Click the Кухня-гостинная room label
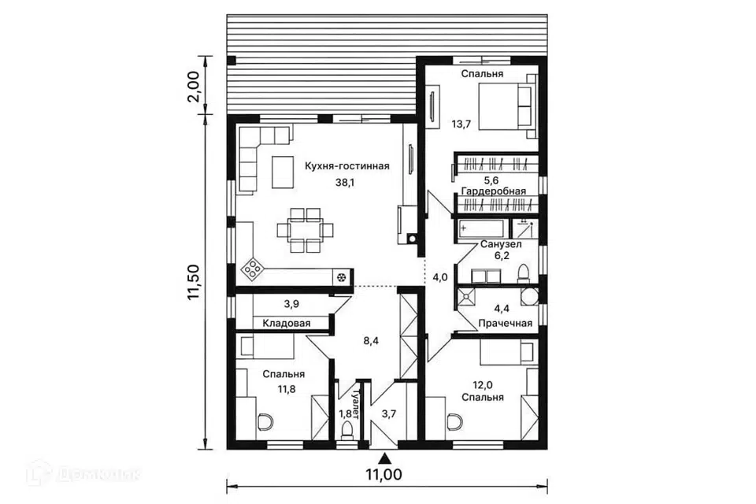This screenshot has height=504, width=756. click(x=346, y=166)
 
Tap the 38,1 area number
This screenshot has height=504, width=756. click(x=345, y=183)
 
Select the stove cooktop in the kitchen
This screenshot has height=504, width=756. click(x=252, y=269)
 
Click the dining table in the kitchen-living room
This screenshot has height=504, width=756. click(x=305, y=230)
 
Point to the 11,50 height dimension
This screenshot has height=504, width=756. click(x=194, y=282)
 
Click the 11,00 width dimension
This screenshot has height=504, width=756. click(x=384, y=475)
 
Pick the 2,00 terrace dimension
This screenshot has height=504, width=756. click(x=193, y=86)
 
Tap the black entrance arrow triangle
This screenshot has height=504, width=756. click(x=385, y=457)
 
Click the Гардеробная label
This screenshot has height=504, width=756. click(x=494, y=191)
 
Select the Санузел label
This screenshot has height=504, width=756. click(x=501, y=245)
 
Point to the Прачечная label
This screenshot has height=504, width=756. click(x=505, y=323)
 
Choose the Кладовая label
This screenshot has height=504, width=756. click(x=287, y=323)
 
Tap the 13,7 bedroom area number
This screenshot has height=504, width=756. click(x=461, y=124)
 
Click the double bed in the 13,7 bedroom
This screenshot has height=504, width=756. click(x=507, y=106)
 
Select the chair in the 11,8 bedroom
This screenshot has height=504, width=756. click(x=265, y=422)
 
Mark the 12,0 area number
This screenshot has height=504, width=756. click(x=483, y=385)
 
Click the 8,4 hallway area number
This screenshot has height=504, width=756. click(x=371, y=341)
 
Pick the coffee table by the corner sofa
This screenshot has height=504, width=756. click(x=283, y=172)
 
